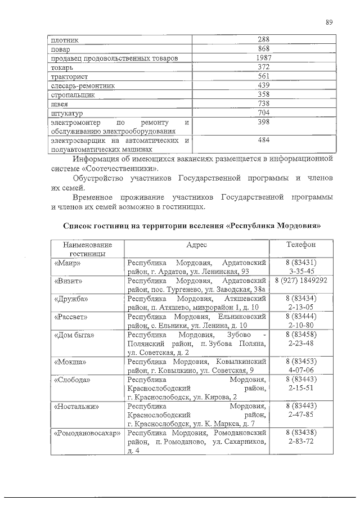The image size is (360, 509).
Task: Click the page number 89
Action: click(330, 22)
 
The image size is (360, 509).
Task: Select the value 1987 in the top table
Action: click(264, 58)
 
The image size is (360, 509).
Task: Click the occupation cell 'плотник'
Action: click(65, 40)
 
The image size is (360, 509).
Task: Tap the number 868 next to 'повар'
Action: click(264, 49)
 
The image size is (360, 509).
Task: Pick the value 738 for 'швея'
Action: click(264, 103)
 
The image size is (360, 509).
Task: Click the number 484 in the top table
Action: click(264, 140)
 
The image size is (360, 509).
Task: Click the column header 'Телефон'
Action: click(301, 245)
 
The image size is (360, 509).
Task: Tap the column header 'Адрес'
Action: click(197, 245)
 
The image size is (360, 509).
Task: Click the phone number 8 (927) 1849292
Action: click(301, 280)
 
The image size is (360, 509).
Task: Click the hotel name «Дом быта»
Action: click(74, 335)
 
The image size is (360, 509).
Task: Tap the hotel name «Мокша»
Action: click(70, 361)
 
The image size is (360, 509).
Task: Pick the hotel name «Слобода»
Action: click(73, 380)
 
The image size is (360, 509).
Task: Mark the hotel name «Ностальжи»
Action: click(77, 406)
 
